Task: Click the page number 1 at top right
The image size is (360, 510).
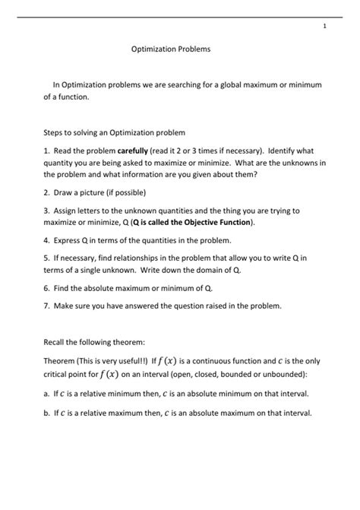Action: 325,27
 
